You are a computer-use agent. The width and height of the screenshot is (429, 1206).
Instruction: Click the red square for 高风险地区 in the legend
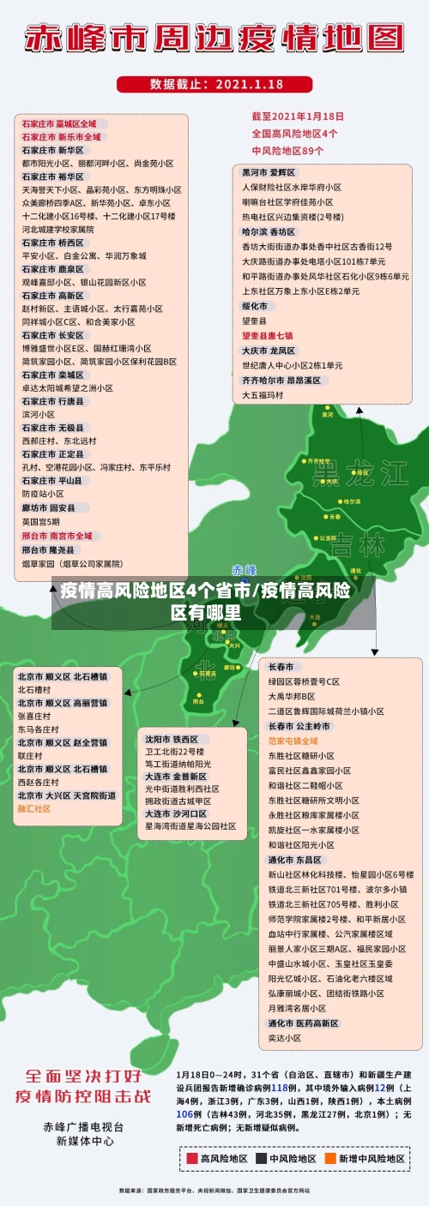[x=193, y=1158]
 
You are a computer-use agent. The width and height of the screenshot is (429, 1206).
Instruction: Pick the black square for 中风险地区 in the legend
[x=262, y=1158]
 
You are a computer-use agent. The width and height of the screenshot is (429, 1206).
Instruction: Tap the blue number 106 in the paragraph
[x=184, y=1113]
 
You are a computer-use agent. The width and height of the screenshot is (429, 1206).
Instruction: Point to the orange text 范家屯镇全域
[x=293, y=740]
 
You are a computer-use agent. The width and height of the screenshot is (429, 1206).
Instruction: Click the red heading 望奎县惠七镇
[x=267, y=335]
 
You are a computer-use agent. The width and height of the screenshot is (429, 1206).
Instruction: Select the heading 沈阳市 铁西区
[x=172, y=739]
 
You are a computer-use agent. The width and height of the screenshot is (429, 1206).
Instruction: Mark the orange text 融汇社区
[x=34, y=808]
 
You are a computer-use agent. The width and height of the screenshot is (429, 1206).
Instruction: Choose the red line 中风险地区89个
[x=287, y=150]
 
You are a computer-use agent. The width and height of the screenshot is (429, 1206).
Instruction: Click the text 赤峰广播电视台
[x=84, y=1126]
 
